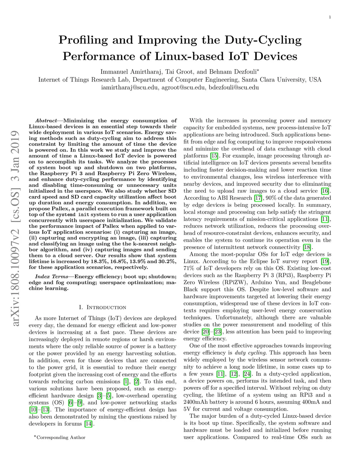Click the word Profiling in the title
point(83,40)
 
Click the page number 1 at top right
point(330,17)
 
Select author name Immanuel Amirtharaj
point(131,72)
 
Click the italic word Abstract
point(46,121)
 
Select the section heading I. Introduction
point(102,307)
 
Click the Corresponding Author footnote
point(60,438)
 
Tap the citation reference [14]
point(88,424)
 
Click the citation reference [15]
point(214,156)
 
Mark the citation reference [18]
point(307,247)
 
